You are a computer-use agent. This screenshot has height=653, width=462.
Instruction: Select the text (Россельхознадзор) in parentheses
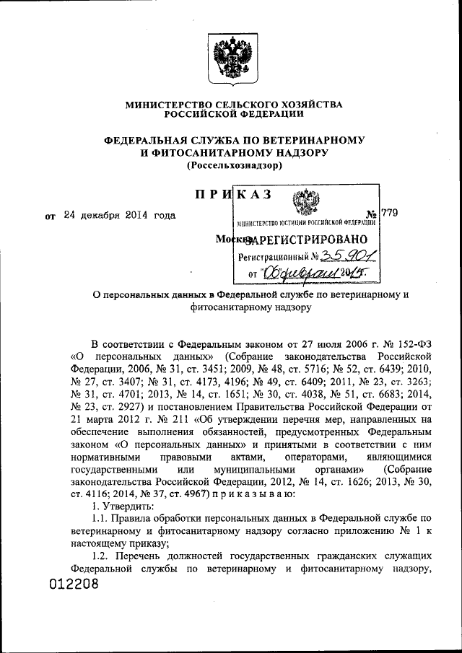coord(234,166)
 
